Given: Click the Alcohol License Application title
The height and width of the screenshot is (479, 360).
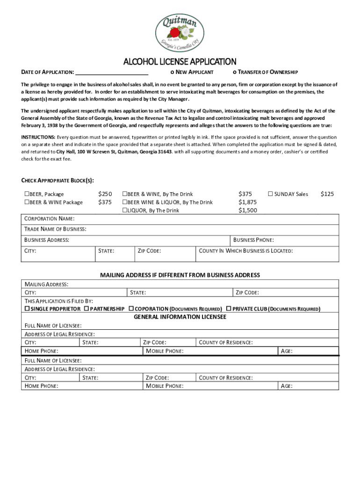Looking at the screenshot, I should (x=180, y=62).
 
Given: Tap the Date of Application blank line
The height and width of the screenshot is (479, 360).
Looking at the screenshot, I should (x=112, y=73).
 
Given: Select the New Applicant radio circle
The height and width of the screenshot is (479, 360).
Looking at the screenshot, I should (x=172, y=73).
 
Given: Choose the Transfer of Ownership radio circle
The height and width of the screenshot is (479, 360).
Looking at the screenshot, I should (x=234, y=73).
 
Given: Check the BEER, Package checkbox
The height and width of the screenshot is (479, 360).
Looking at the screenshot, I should (x=27, y=194).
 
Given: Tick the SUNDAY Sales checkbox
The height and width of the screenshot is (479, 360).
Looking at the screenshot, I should (x=270, y=194).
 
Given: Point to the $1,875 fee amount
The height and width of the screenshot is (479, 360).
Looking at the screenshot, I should (x=248, y=202).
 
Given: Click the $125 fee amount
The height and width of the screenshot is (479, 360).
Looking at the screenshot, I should (x=327, y=194).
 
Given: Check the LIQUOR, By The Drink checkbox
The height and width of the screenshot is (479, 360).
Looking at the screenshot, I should (x=125, y=210).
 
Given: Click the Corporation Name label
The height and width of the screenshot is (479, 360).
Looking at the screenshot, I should (x=49, y=219).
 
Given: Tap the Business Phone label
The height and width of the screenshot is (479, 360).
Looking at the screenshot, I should (x=253, y=240).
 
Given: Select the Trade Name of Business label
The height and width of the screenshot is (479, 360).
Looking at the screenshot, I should (x=55, y=229).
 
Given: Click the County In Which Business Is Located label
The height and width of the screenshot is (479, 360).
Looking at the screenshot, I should (x=246, y=251).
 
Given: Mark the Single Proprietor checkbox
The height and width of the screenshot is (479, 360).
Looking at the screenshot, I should (x=27, y=309).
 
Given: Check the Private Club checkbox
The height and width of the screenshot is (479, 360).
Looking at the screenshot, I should (x=229, y=309).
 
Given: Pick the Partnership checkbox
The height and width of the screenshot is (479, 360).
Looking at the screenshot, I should (x=86, y=309).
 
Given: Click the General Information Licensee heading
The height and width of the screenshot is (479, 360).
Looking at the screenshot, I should (x=180, y=317).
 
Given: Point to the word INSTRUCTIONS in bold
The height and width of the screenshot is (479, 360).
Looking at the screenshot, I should (x=38, y=137).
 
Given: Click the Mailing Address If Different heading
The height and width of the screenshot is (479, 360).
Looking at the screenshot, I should (x=180, y=275).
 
